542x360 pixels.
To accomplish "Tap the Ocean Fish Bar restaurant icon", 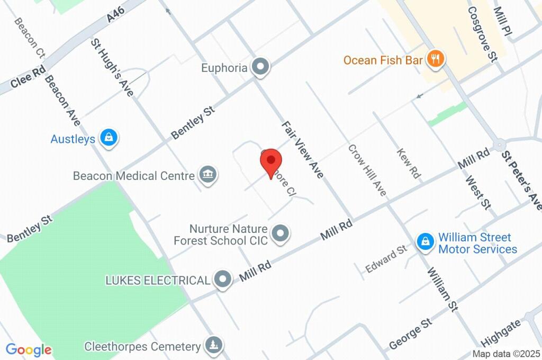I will coord(436,59).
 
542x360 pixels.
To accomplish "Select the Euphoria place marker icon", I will coord(260,67).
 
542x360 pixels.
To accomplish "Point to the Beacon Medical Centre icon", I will coord(207,175).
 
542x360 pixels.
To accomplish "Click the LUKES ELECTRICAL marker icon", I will coord(222,280).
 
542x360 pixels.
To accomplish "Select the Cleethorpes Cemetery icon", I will coord(214,346).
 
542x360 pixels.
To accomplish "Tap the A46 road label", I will coord(115,16).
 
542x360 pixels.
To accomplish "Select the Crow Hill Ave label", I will coord(367,170).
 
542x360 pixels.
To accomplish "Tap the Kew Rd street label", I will coord(409,163).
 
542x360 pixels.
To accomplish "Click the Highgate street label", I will coord(501,332).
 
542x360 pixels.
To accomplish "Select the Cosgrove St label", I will coord(481,34).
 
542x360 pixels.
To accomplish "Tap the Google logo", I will coord(29,350).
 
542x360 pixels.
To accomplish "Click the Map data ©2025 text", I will coord(505,354).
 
